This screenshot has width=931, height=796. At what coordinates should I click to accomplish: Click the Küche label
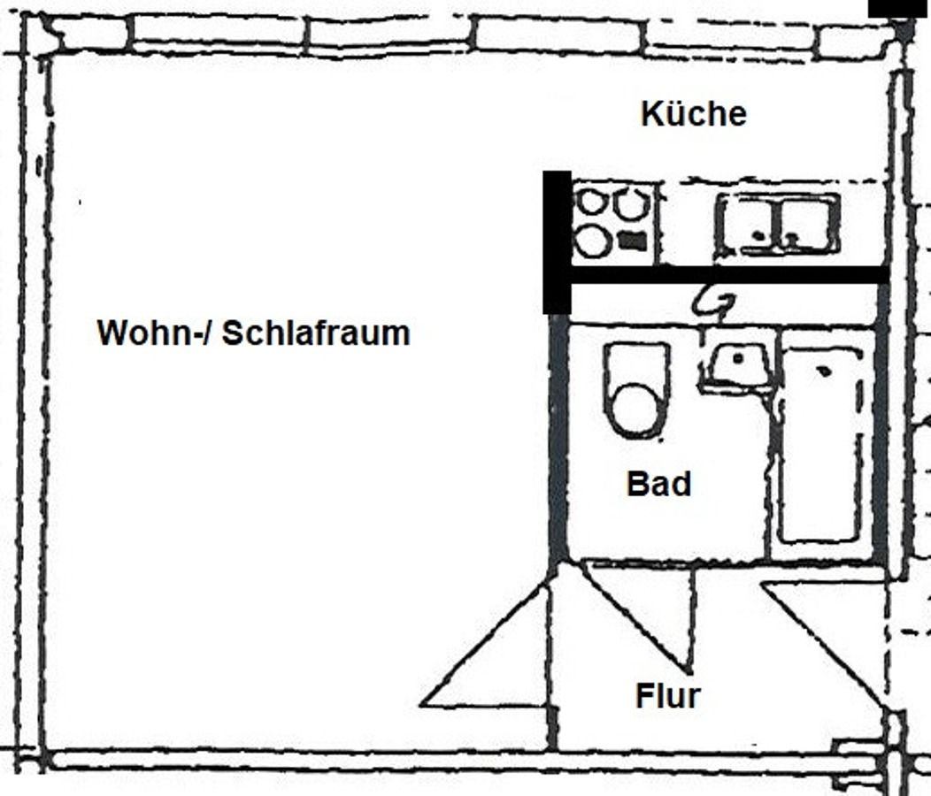(694, 114)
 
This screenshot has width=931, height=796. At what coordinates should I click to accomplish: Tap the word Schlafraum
(315, 333)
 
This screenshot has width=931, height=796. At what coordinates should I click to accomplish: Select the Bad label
(659, 484)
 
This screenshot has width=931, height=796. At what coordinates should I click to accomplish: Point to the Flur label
(667, 696)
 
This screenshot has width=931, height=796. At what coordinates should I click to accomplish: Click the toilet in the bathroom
(636, 392)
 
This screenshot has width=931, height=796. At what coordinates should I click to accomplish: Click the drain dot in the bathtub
(824, 371)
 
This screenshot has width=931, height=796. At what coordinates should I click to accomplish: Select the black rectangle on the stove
(632, 240)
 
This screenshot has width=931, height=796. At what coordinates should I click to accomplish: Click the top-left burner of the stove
(591, 203)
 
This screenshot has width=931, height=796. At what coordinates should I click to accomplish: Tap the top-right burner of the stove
(632, 204)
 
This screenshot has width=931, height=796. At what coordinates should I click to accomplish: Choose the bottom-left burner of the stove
(592, 240)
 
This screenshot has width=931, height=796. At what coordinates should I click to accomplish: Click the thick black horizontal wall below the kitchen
(726, 276)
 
